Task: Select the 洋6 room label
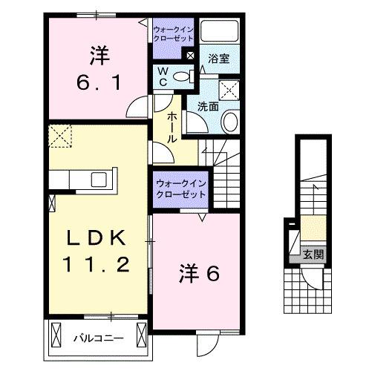point(198,274)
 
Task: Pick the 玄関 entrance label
point(313,255)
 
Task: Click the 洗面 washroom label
point(208,106)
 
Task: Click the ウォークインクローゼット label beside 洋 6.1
point(173,36)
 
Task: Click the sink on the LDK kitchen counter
point(97,179)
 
